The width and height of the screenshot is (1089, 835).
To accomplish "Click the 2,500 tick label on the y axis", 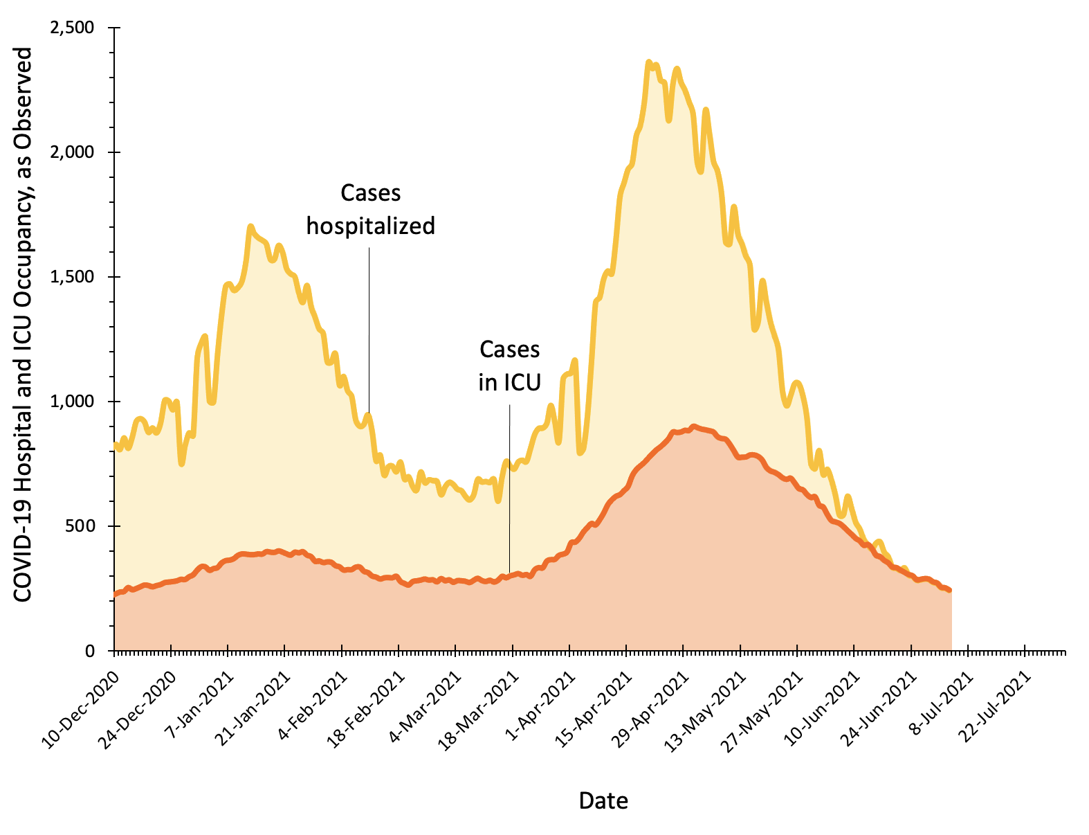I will tap(74, 28).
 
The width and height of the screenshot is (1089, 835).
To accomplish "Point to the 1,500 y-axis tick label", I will tap(74, 277).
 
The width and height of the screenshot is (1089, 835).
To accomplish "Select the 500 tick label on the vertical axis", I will tap(84, 526).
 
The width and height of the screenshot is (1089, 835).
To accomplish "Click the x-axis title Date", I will tap(603, 801).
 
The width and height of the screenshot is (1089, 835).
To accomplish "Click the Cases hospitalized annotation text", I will tap(371, 209).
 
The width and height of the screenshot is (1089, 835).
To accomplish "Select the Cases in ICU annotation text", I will tap(509, 366).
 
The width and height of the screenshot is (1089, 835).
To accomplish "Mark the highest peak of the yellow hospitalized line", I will tap(649, 62).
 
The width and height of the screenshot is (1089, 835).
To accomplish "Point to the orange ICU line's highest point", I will tap(693, 427).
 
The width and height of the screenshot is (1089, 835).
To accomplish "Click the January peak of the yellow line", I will tap(250, 226).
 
